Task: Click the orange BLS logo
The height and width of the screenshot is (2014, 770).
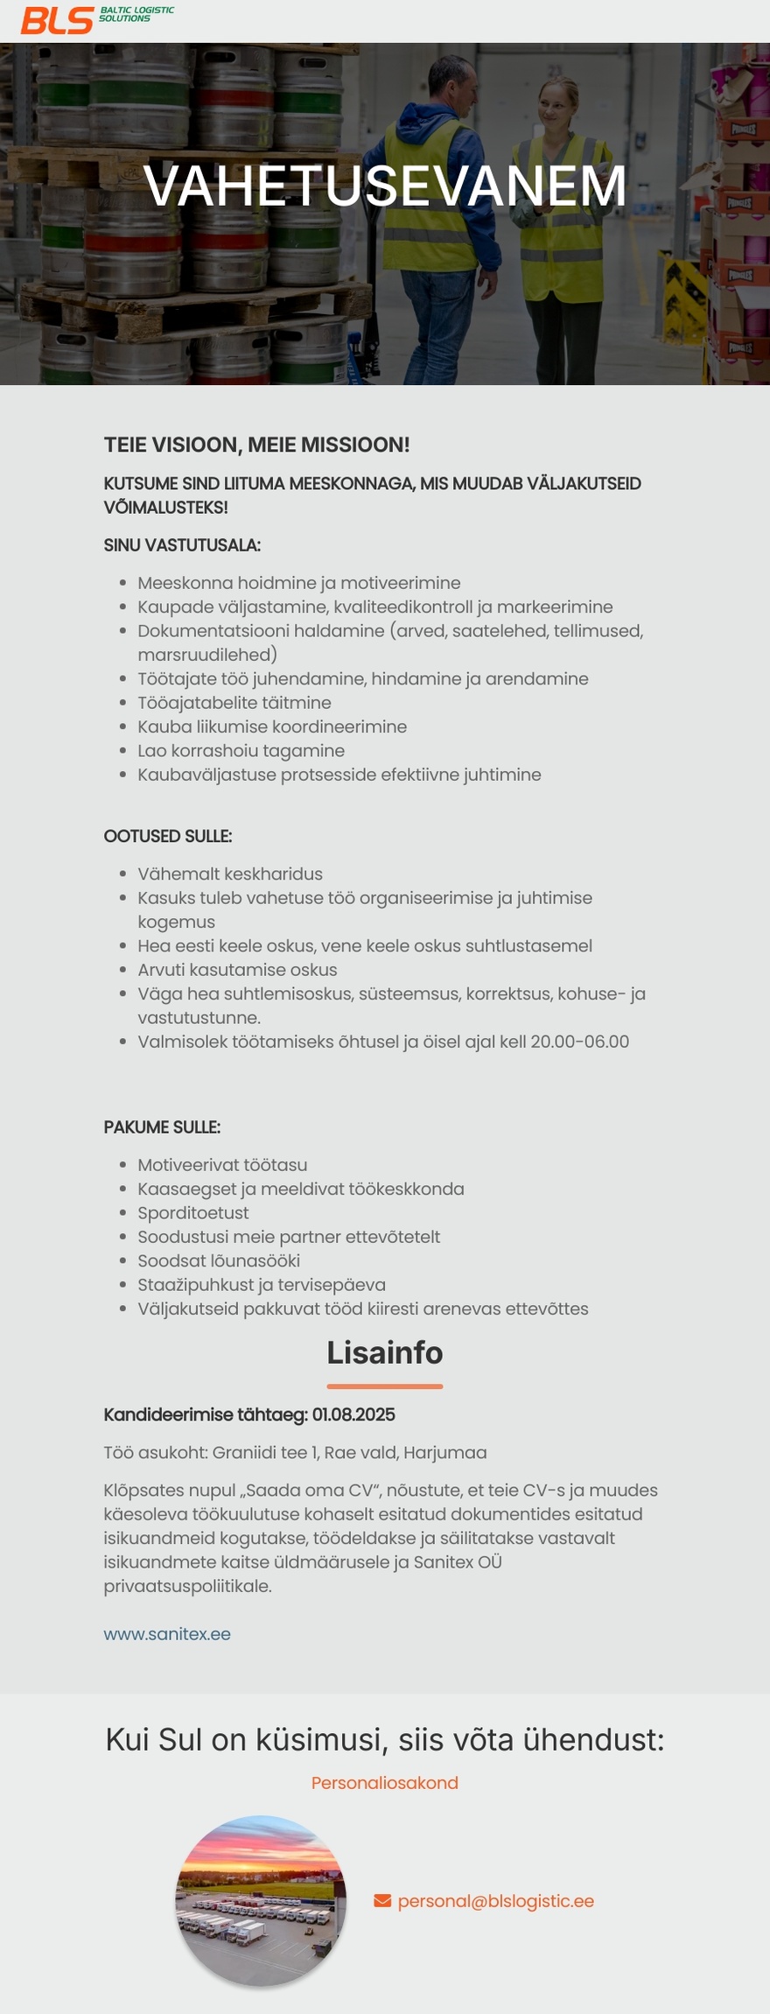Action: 57,20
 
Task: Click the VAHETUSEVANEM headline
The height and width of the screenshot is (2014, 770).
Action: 385,186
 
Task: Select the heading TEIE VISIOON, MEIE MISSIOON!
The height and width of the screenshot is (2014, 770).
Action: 256,445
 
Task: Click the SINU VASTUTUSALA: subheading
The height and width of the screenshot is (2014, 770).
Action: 182,545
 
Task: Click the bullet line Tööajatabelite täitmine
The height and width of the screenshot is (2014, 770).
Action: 234,703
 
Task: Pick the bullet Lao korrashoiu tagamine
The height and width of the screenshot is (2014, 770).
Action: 241,751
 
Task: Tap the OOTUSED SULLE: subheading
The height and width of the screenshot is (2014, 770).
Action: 168,836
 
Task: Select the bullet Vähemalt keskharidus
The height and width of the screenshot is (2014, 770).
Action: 229,874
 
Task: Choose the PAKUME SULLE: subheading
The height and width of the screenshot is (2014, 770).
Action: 162,1127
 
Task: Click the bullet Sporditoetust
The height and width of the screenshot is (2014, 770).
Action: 192,1213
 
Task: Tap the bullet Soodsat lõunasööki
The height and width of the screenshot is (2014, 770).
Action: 218,1261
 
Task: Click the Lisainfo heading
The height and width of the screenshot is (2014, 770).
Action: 385,1353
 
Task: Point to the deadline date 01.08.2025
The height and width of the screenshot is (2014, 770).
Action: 353,1415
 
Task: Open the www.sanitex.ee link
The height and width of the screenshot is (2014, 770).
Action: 167,1634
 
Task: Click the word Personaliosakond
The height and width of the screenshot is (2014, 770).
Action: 385,1783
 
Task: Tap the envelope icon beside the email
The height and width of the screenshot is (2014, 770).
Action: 382,1900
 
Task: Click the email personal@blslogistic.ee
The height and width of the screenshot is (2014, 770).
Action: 495,1901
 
